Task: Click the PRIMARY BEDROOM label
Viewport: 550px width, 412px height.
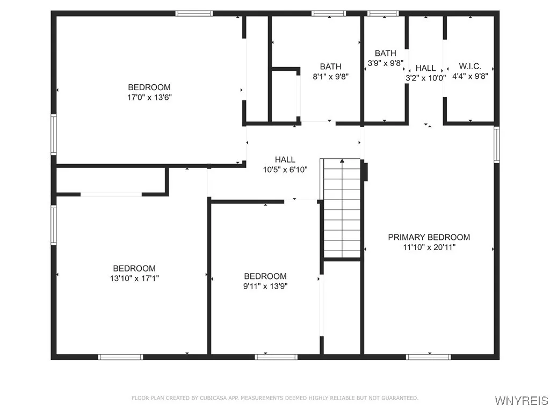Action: [429, 237]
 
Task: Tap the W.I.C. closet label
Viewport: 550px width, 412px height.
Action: [470, 67]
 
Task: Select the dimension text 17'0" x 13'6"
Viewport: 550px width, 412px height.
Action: [149, 97]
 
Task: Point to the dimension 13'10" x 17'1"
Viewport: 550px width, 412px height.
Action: [134, 278]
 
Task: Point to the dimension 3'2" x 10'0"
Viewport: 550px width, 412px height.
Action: [425, 77]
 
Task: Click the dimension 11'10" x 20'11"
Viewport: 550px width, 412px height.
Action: [429, 247]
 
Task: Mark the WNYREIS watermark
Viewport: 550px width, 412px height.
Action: [522, 401]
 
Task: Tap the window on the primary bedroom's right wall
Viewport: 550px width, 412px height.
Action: [496, 144]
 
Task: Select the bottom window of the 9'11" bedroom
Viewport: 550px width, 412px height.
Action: [276, 356]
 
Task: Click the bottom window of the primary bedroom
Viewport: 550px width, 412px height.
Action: [428, 356]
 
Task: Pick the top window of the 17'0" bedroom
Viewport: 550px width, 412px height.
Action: [194, 13]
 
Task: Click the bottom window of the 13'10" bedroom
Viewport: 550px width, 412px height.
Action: [121, 356]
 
